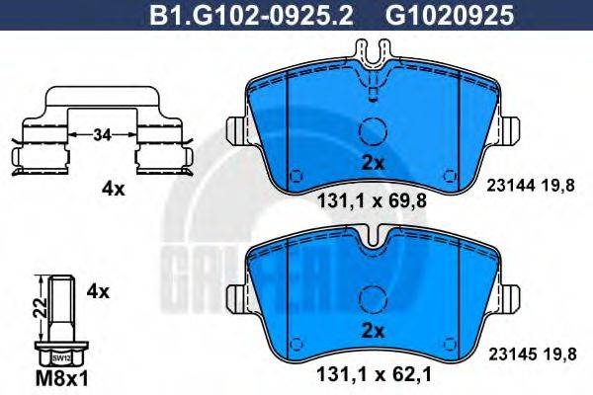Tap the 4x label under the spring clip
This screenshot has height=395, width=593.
tap(115, 189)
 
